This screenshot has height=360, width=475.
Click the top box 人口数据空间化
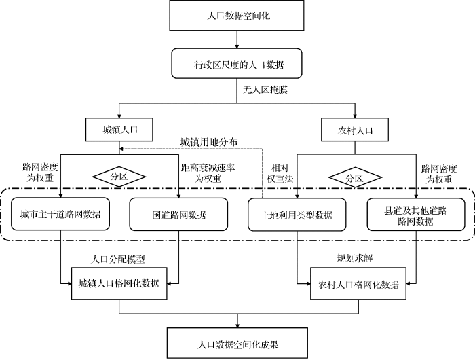coord(237,15)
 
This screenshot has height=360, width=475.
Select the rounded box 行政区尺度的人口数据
coord(237,63)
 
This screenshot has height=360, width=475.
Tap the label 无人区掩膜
coord(265,90)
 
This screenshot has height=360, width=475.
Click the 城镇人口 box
coord(119,130)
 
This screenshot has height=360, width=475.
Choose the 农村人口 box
coord(355,130)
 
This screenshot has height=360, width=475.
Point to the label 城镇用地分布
coord(209,142)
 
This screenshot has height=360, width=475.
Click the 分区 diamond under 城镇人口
coord(119,177)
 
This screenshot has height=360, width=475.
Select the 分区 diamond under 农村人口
coord(355,177)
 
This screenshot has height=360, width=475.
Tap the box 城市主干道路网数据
coord(60,214)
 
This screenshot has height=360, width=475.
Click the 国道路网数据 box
coord(178,215)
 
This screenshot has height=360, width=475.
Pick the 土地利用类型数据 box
coord(297,215)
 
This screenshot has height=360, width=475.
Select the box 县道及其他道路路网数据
coord(416,215)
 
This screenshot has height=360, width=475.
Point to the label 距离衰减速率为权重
coord(208,173)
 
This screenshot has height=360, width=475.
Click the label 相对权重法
coord(280,173)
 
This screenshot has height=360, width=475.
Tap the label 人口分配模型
coord(118,259)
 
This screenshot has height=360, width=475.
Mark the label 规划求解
coord(354,258)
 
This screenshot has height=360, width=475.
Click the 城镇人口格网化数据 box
coord(119,283)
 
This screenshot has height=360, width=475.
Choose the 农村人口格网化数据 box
coord(358,283)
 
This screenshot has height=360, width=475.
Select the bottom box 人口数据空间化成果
coord(237,343)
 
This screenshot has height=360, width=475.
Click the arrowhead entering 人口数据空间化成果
coord(237,325)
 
